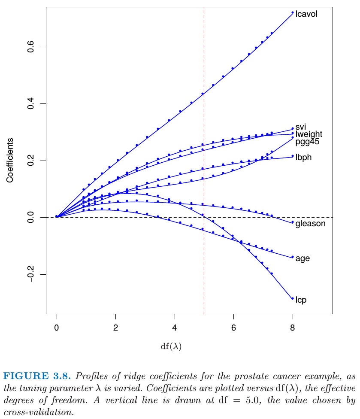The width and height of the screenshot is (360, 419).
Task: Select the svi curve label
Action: (300, 127)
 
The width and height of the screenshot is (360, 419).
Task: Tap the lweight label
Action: (309, 134)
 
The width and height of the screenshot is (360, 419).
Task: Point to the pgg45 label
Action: (307, 142)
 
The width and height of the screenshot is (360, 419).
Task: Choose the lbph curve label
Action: (303, 157)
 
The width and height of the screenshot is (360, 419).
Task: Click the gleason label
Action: (310, 224)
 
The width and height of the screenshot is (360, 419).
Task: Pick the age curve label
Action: (303, 258)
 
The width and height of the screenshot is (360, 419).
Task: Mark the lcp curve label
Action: (301, 300)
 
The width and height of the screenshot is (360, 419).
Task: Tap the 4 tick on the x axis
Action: (175, 328)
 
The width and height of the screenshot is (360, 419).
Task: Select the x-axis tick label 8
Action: (293, 328)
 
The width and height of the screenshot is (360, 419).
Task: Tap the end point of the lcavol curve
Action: (293, 13)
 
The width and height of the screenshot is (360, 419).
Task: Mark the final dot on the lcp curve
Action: (293, 298)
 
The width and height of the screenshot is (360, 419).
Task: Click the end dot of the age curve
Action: (293, 257)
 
